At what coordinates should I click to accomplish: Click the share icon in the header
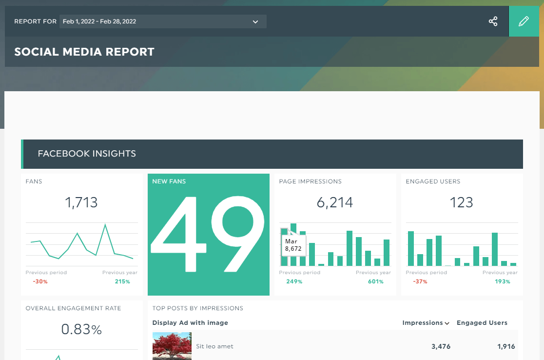[493, 21]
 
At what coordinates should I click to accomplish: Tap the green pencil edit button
[524, 21]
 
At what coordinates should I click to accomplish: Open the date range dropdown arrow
[255, 22]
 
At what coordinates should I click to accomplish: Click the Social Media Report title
[84, 52]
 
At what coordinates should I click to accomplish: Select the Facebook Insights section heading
[87, 154]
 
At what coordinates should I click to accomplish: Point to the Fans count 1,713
[81, 202]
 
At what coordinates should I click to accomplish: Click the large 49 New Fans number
[208, 234]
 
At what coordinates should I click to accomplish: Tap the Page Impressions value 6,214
[335, 202]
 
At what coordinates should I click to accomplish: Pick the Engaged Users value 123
[462, 202]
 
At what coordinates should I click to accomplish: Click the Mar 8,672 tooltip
[293, 245]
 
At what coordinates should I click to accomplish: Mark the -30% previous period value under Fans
[40, 281]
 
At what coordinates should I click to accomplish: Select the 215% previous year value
[122, 281]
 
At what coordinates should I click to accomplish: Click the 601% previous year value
[376, 281]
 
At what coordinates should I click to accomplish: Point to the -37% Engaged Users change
[420, 281]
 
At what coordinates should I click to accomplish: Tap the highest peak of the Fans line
[105, 224]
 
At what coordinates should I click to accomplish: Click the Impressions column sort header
[426, 323]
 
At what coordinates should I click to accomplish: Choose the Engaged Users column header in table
[482, 323]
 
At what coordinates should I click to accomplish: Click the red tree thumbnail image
[172, 346]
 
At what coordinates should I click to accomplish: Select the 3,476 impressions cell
[441, 346]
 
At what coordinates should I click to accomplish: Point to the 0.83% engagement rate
[81, 329]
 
